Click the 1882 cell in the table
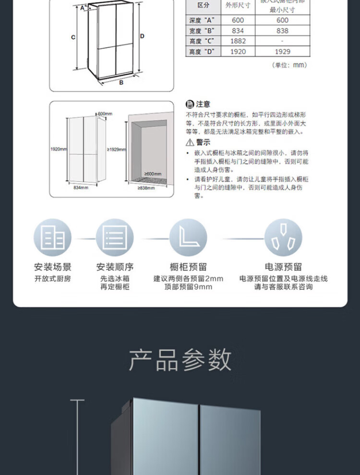tap(238, 41)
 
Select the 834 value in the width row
tap(238, 31)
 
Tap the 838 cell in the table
tap(283, 31)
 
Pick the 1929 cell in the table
tap(283, 51)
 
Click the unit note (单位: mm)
tap(289, 65)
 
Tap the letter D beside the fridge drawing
tap(142, 36)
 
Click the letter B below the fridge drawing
tap(121, 82)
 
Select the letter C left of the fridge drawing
tap(73, 37)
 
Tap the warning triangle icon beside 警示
tap(190, 142)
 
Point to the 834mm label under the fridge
tap(81, 188)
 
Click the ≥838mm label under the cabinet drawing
tap(146, 188)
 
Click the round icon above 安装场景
tap(53, 237)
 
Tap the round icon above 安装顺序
tap(115, 237)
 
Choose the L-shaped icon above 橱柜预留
tap(188, 237)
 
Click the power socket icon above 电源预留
tap(283, 237)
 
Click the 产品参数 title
tap(180, 360)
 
